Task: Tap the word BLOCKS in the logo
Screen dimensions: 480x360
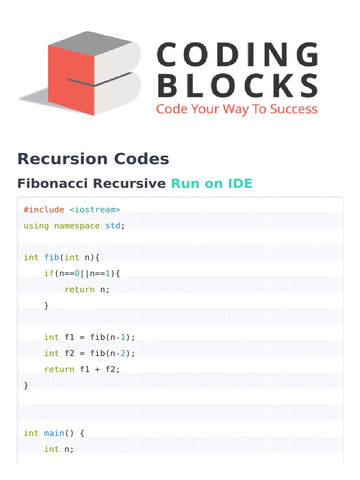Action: (238, 87)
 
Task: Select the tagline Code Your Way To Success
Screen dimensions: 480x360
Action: (237, 109)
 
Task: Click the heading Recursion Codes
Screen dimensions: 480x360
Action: (93, 159)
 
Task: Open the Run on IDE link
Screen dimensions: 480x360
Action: (211, 183)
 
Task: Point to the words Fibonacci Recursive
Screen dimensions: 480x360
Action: (91, 183)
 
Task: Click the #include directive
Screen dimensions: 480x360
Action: (44, 210)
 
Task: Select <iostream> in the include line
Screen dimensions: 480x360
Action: (95, 210)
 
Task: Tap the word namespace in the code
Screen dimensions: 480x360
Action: (77, 225)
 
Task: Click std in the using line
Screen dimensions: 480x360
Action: (113, 225)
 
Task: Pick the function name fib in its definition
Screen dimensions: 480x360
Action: (52, 257)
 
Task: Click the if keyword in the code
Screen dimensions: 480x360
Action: (49, 273)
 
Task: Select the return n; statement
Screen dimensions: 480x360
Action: (87, 289)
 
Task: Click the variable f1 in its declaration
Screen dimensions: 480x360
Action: (69, 337)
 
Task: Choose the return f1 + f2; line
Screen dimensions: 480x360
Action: (82, 369)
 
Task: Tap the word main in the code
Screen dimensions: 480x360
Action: (54, 433)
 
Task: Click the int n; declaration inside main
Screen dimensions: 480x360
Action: (59, 449)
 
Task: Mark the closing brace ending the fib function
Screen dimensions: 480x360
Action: (26, 385)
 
